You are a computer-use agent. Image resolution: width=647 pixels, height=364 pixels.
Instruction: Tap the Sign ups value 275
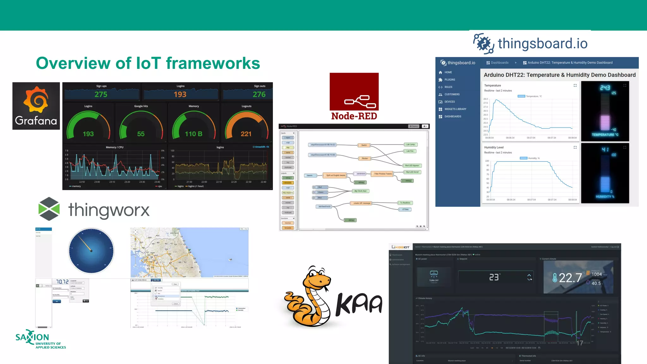(x=101, y=94)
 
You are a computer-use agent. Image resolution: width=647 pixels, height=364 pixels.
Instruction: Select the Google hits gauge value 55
(x=141, y=134)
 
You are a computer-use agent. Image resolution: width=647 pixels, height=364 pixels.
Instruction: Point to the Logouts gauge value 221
(x=246, y=134)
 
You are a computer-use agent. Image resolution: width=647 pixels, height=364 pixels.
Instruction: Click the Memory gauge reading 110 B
(x=193, y=134)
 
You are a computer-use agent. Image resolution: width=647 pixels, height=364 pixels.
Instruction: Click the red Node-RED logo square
(x=354, y=92)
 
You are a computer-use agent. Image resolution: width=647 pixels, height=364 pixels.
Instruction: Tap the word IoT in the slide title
(x=148, y=63)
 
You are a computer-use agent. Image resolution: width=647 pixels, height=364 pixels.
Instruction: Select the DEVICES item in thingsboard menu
(x=449, y=102)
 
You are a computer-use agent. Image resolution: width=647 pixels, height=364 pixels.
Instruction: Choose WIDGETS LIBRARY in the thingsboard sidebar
(x=455, y=109)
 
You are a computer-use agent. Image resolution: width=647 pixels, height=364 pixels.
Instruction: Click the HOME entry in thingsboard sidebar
(x=448, y=72)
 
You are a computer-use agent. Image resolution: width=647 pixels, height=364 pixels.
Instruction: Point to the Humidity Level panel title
(x=494, y=147)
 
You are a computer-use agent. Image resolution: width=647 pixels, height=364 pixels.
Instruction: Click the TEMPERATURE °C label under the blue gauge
(x=605, y=135)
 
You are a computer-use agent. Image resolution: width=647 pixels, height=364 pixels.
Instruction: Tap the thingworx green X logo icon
(x=49, y=209)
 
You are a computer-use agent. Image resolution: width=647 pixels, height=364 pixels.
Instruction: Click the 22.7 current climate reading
(x=570, y=278)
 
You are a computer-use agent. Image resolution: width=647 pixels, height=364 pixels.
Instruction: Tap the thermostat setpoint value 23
(x=494, y=277)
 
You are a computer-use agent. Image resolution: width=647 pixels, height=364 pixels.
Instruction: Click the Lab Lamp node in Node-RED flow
(x=410, y=144)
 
